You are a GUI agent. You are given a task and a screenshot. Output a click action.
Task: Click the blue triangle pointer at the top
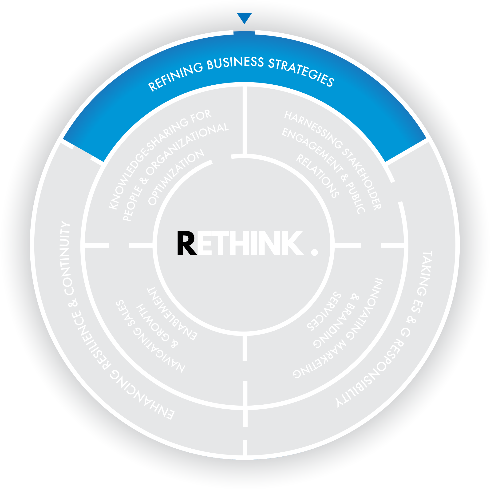pyautogui.click(x=244, y=17)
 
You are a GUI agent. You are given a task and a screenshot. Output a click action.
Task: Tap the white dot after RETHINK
pyautogui.click(x=315, y=252)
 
